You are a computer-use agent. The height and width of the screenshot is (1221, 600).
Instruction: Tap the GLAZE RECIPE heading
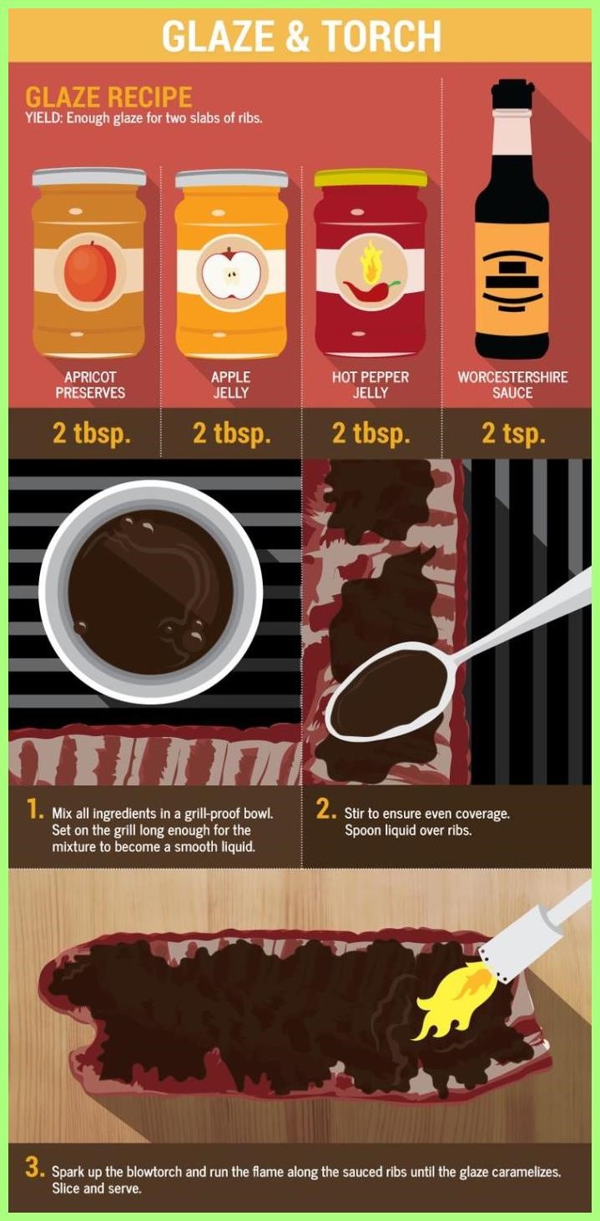108,98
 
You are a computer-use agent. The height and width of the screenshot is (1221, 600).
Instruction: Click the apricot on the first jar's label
90,271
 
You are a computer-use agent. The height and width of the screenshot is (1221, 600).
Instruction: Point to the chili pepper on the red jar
371,289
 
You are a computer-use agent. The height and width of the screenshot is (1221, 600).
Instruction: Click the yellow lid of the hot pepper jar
371,178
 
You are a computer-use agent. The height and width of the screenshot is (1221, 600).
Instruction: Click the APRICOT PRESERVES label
90,385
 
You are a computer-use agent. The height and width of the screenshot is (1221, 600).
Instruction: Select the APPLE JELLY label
231,385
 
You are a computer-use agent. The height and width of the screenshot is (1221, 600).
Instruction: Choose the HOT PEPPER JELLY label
371,385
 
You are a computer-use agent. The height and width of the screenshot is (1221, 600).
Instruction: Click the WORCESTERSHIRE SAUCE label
512,385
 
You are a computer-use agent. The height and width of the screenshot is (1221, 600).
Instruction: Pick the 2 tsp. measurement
513,433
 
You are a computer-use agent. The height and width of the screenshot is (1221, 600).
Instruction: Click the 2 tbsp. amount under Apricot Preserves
92,433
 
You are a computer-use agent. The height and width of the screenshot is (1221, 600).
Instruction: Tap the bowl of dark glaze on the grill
151,592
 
